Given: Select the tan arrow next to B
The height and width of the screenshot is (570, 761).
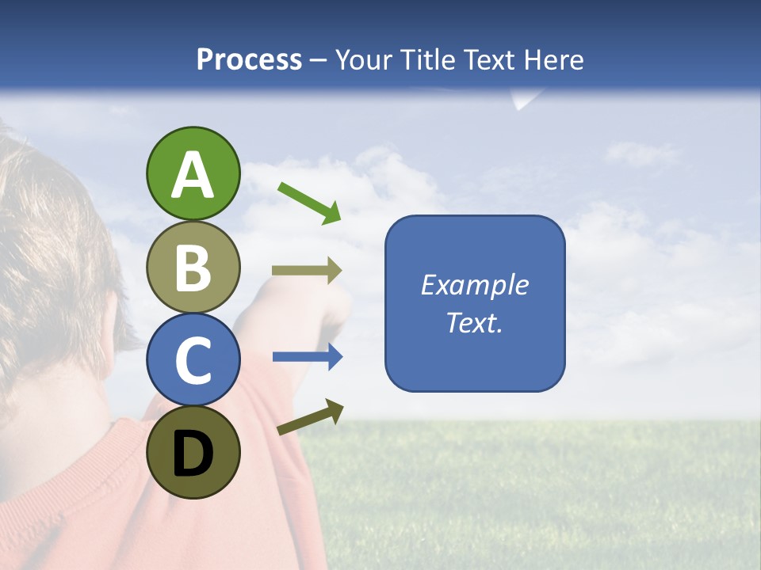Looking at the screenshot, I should pos(307,271).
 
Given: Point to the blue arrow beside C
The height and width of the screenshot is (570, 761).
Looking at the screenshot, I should pos(308,357).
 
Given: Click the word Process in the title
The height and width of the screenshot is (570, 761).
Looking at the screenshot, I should pos(249,59).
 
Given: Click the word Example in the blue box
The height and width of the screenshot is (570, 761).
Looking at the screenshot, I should pos(475,285).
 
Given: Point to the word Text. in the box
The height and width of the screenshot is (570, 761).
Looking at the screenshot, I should pos(475,322).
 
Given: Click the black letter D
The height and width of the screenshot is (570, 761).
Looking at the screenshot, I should pos(193,454).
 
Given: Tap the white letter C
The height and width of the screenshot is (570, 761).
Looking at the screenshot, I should pos(193,360).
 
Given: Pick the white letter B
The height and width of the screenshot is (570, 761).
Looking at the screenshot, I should pos(193,267).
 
